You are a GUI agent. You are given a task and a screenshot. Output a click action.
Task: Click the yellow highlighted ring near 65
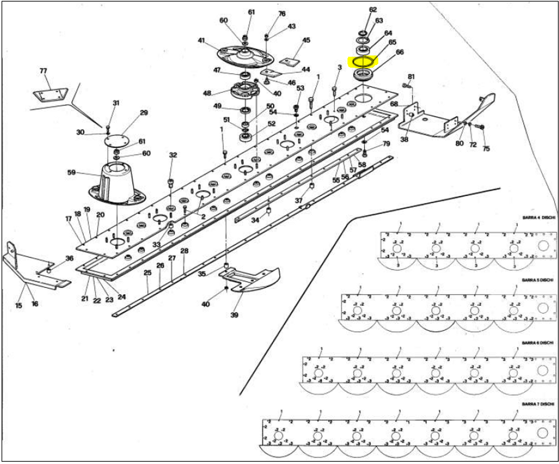[362, 61]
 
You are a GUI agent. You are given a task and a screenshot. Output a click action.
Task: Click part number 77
[44, 72]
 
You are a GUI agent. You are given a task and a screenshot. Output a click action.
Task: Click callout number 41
[201, 41]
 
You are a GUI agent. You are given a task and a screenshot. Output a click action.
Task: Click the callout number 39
[235, 315]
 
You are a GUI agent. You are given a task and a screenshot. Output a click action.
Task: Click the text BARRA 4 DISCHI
[538, 217]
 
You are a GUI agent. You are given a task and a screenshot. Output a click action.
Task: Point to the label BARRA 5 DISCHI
[538, 279]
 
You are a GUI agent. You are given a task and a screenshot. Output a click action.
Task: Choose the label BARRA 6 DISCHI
[538, 343]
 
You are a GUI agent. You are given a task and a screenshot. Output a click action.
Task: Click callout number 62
[373, 10]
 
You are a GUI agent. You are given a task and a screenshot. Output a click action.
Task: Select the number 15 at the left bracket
[19, 305]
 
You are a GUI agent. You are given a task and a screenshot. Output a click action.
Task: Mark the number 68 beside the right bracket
[394, 104]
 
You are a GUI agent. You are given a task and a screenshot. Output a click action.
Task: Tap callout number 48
[207, 93]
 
